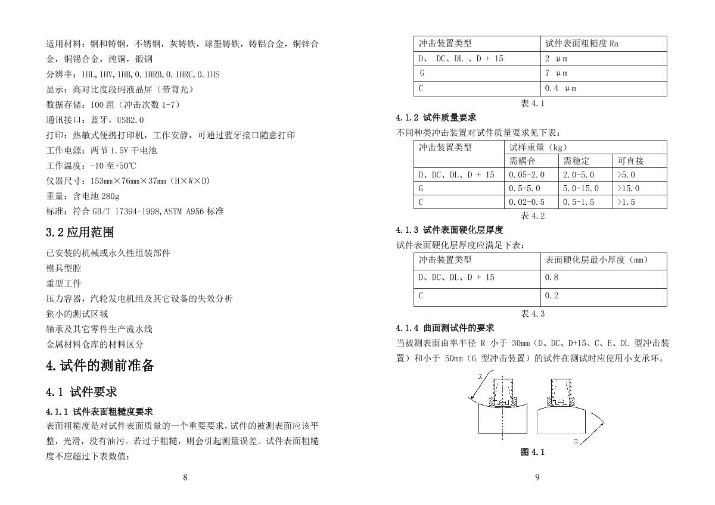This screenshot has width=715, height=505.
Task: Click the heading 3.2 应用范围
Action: (80, 232)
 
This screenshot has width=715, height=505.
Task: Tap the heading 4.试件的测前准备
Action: (100, 366)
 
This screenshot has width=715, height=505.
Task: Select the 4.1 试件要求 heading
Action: (82, 392)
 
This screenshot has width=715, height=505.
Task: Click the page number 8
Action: (185, 477)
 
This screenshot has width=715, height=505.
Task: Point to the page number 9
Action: (537, 477)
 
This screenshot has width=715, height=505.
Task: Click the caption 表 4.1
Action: (533, 104)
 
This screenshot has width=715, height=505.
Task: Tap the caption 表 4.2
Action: (533, 216)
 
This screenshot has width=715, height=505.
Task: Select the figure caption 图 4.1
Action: (533, 452)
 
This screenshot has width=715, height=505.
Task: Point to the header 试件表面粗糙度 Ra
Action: (582, 43)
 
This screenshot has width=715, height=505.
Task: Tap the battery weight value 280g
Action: (110, 196)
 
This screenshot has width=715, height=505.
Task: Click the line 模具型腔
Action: (64, 269)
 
